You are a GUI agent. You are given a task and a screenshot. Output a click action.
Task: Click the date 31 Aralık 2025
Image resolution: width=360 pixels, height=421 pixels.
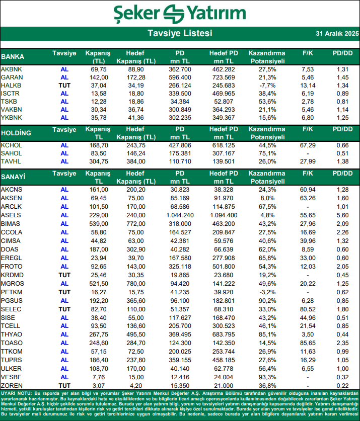pyautogui.click(x=337, y=34)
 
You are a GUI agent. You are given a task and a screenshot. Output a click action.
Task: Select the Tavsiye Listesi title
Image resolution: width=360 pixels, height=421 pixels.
pyautogui.click(x=180, y=34)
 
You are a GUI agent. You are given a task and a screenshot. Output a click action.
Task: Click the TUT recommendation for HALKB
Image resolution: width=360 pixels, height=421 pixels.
pyautogui.click(x=64, y=86)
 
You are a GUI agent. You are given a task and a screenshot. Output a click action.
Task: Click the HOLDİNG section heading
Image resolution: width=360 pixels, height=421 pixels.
pyautogui.click(x=16, y=133)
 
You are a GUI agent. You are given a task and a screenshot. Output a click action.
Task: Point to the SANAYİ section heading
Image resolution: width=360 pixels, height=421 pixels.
pyautogui.click(x=13, y=177)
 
